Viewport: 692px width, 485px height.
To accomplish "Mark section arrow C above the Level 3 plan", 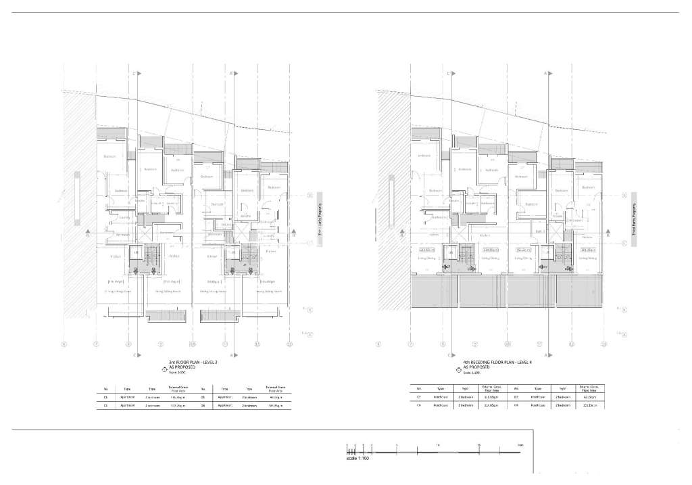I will [x=137, y=73].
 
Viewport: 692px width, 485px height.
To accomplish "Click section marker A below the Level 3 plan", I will [x=232, y=354].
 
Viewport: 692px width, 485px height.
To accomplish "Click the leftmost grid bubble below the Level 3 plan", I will [x=64, y=344].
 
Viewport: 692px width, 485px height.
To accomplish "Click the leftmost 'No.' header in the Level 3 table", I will [x=106, y=389].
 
